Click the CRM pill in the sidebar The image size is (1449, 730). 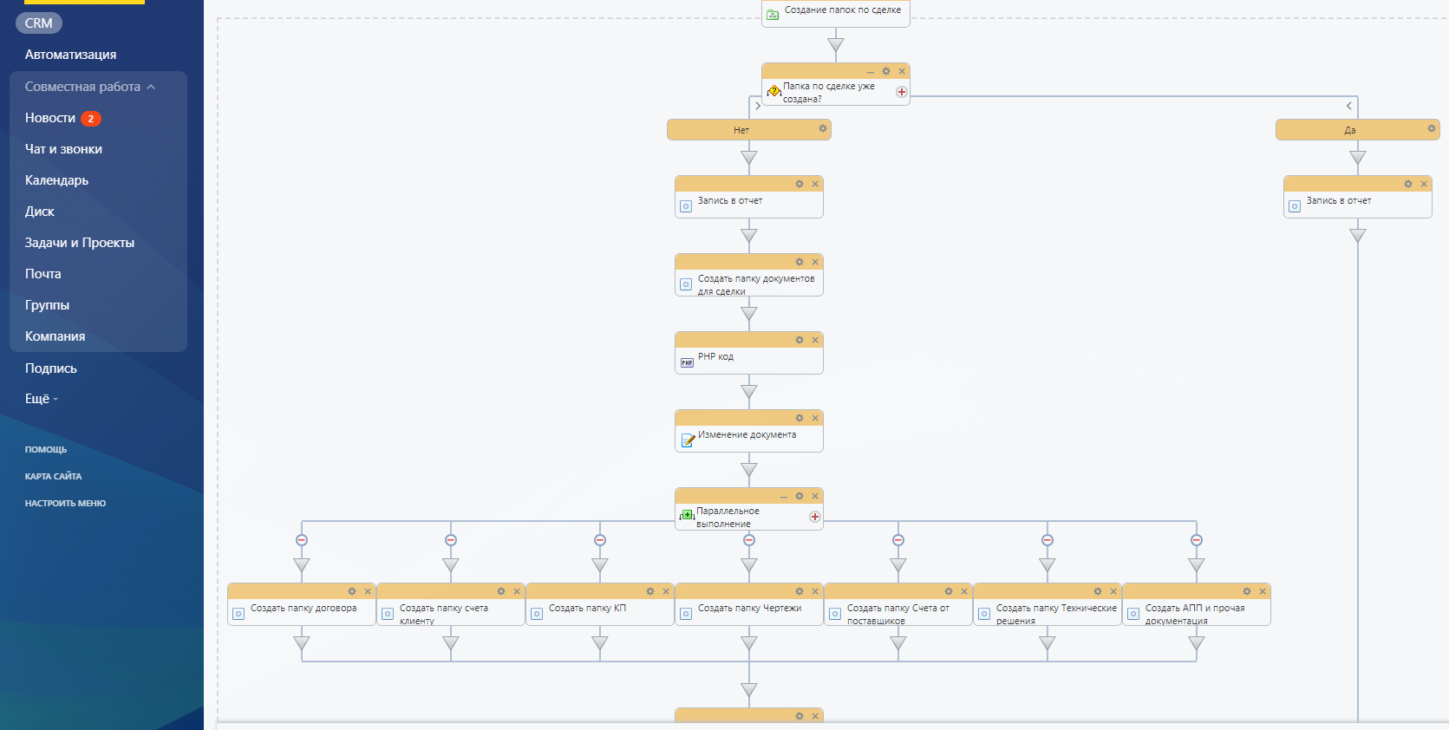pyautogui.click(x=39, y=23)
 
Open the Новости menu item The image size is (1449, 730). pyautogui.click(x=49, y=118)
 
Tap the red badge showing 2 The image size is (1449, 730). pyautogui.click(x=90, y=118)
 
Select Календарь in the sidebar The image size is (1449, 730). pyautogui.click(x=56, y=180)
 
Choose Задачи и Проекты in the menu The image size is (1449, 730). pyautogui.click(x=80, y=243)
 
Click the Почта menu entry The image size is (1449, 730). pyautogui.click(x=42, y=273)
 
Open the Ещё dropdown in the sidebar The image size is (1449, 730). pyautogui.click(x=41, y=399)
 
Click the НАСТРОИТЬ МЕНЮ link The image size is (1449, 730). pyautogui.click(x=65, y=503)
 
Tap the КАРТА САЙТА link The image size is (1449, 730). pyautogui.click(x=53, y=477)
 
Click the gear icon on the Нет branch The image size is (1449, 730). pyautogui.click(x=822, y=128)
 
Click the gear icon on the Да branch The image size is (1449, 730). pyautogui.click(x=1431, y=128)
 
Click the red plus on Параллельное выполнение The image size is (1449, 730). pyautogui.click(x=814, y=517)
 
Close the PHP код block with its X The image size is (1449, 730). pyautogui.click(x=815, y=340)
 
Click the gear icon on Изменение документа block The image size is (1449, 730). pyautogui.click(x=800, y=419)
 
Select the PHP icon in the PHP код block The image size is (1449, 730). pyautogui.click(x=687, y=362)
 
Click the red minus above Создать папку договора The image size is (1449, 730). pyautogui.click(x=302, y=540)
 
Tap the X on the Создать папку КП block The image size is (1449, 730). pyautogui.click(x=666, y=591)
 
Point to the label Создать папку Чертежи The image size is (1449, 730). pyautogui.click(x=749, y=608)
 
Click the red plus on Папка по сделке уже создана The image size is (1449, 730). pyautogui.click(x=901, y=92)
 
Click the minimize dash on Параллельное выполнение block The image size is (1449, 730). pyautogui.click(x=783, y=497)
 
